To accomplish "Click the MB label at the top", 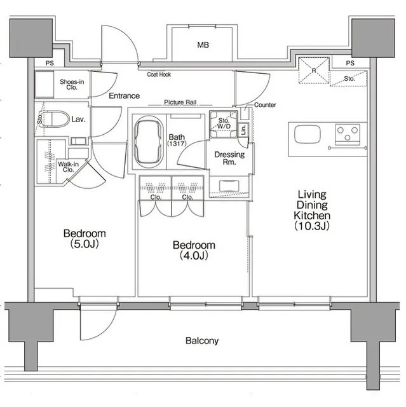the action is tap(203, 45).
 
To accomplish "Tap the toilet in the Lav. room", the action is tap(57, 119).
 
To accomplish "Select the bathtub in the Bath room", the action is tap(149, 142).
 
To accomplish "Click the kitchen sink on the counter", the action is tap(308, 134).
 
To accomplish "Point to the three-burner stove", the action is tap(348, 134).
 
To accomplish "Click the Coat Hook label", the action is tap(159, 74).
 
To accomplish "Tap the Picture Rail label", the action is tap(180, 102).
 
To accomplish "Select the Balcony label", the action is tap(202, 341).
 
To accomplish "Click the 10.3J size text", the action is tap(312, 226).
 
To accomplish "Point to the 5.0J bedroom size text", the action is tap(85, 244).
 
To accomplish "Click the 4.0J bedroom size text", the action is tap(194, 256).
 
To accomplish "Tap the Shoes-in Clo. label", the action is tap(72, 85).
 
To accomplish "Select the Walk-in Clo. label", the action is tap(68, 167).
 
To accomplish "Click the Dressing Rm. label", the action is tap(229, 158).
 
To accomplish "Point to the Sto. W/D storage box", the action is tap(224, 125).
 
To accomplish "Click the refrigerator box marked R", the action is tap(314, 71).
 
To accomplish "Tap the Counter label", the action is tap(265, 105).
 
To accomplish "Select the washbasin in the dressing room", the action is tap(229, 186).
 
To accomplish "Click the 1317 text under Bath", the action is tap(177, 144).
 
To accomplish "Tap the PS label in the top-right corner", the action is tap(350, 63).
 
